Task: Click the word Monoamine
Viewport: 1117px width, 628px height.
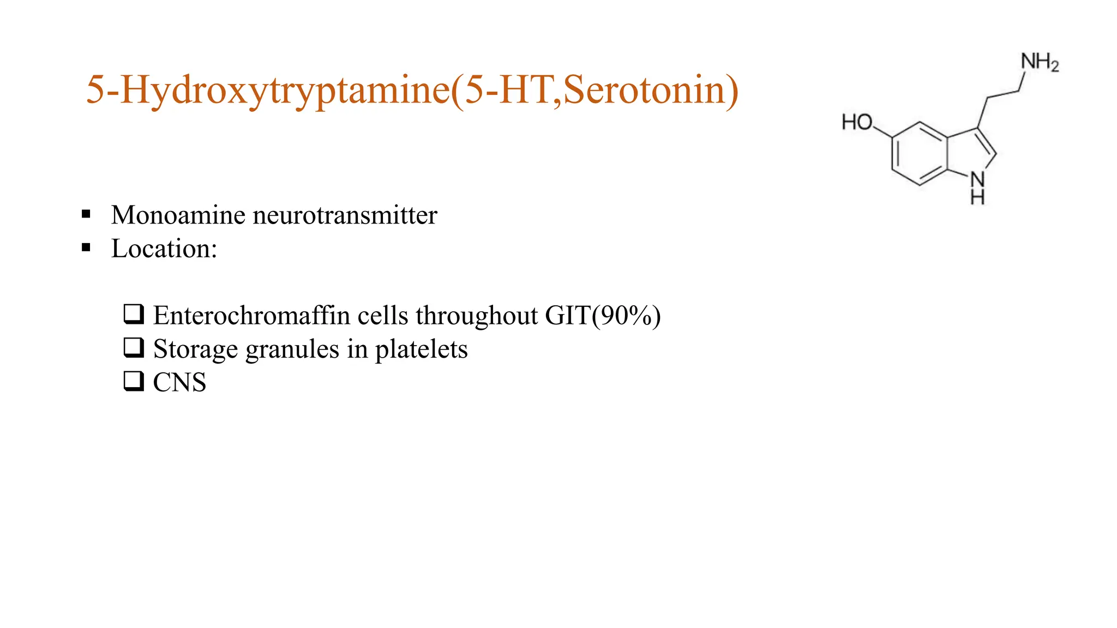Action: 178,215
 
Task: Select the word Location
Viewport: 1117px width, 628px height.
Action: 161,249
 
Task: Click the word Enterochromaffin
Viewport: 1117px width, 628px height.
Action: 251,316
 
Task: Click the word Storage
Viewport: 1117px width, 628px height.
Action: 195,349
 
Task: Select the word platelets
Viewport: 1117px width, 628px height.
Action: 421,349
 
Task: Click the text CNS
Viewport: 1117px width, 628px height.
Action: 179,382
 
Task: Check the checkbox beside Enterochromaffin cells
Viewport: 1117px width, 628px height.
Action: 134,314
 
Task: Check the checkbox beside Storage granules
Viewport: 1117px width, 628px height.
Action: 134,347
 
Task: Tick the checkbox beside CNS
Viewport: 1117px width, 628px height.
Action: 134,381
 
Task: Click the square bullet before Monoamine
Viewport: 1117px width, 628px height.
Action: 86,214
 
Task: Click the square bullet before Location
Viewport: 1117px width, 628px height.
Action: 86,247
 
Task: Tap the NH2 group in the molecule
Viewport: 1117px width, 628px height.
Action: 1040,62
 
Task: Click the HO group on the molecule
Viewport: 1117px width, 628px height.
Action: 857,122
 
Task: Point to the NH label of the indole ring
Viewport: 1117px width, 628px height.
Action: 977,187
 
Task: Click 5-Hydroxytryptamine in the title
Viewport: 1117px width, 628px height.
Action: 268,90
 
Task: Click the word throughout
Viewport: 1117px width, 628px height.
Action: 477,316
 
